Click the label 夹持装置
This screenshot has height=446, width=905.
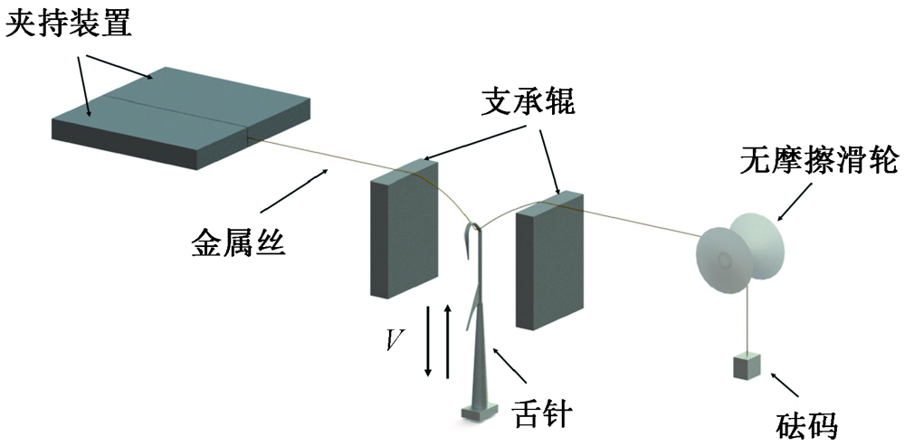(69, 22)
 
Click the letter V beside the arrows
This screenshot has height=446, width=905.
(395, 340)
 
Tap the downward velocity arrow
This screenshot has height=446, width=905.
(428, 343)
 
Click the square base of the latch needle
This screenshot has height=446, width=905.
(477, 413)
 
